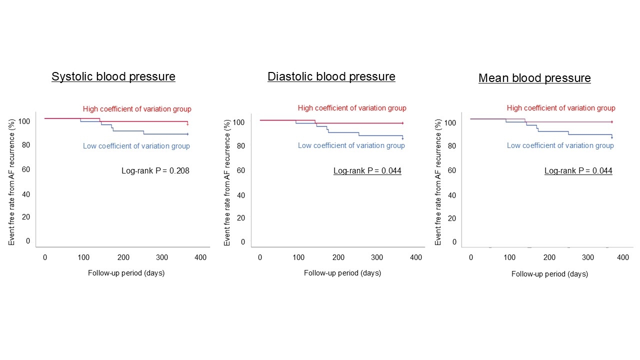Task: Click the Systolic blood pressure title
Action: (x=113, y=76)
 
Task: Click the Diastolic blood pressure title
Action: (x=331, y=76)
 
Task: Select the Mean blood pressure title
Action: (x=534, y=78)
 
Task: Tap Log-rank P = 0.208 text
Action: (x=155, y=170)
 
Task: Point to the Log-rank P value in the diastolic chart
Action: (x=367, y=170)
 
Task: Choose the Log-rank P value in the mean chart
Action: (x=578, y=170)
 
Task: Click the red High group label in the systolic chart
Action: (x=137, y=109)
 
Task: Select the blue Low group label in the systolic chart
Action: (x=136, y=146)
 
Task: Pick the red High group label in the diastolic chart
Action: (x=352, y=108)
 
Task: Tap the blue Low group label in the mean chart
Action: (x=560, y=145)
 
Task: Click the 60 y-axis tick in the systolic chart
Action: (x=26, y=169)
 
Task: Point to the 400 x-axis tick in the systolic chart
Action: (x=200, y=257)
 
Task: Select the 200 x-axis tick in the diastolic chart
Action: (x=338, y=257)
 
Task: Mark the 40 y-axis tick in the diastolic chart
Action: (x=241, y=195)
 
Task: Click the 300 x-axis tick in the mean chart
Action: (x=588, y=257)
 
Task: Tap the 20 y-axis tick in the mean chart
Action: (x=452, y=218)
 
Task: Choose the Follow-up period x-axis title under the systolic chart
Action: (x=126, y=273)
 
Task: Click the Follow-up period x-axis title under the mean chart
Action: (x=549, y=274)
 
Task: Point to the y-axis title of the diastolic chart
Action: (x=227, y=182)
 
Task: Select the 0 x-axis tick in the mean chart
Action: (x=471, y=257)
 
